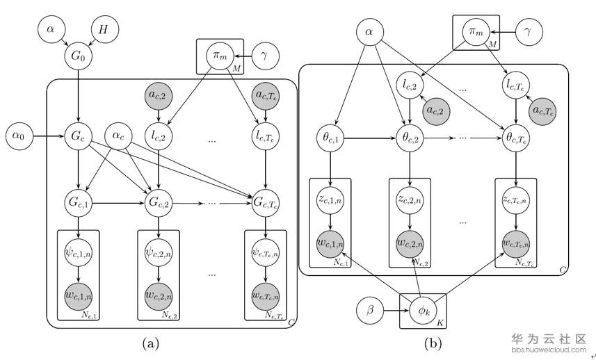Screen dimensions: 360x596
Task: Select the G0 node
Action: coord(77,54)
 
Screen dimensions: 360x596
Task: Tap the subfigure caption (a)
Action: coord(151,343)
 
